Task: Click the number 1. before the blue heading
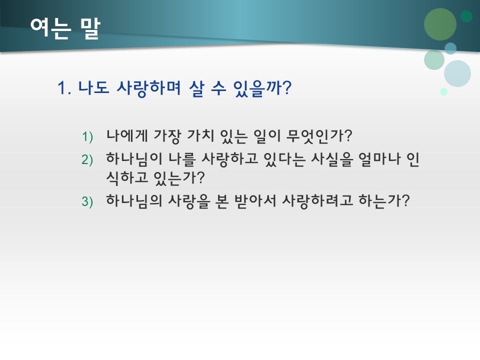(x=65, y=88)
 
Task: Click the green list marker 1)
(x=88, y=136)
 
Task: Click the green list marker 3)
(x=88, y=201)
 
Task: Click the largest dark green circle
(x=440, y=24)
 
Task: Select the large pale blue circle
(x=457, y=73)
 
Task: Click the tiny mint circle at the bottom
(x=443, y=91)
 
